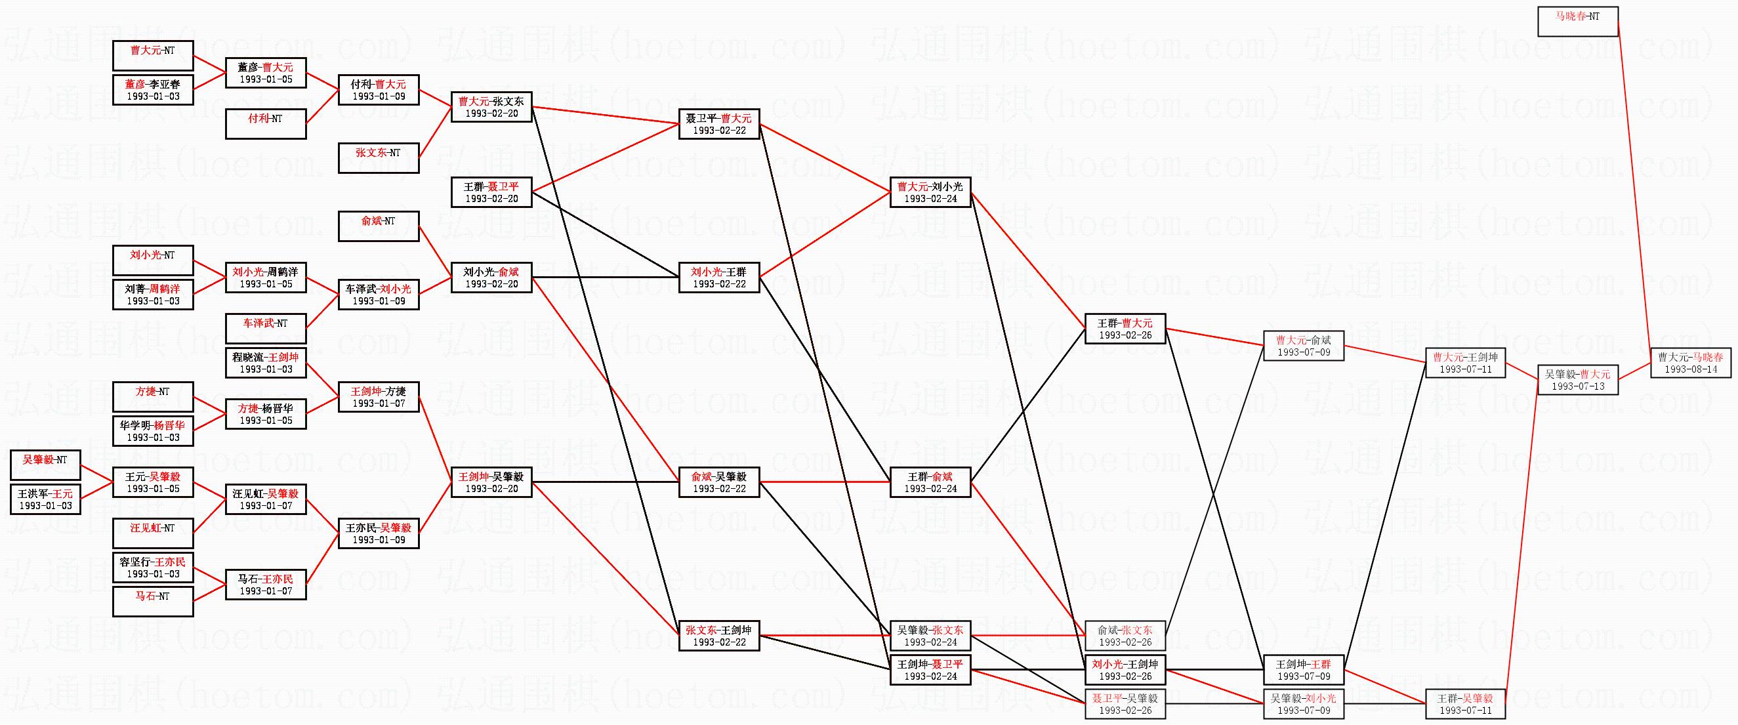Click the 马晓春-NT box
click(1577, 22)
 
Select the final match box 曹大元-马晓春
click(1690, 363)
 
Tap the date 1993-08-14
click(1690, 369)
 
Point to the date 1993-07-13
click(1577, 386)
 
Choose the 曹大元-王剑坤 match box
click(1465, 363)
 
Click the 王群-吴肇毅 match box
click(1465, 704)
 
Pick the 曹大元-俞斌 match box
click(1304, 346)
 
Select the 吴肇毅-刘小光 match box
click(1304, 704)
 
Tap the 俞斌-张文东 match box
click(1125, 636)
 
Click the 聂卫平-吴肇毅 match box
click(1125, 704)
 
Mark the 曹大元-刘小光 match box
click(930, 192)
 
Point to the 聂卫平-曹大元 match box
click(719, 124)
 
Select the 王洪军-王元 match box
click(45, 500)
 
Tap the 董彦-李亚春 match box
click(153, 91)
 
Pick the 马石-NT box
click(153, 602)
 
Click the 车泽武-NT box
click(265, 329)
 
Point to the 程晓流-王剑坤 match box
click(265, 363)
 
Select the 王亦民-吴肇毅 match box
click(379, 533)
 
